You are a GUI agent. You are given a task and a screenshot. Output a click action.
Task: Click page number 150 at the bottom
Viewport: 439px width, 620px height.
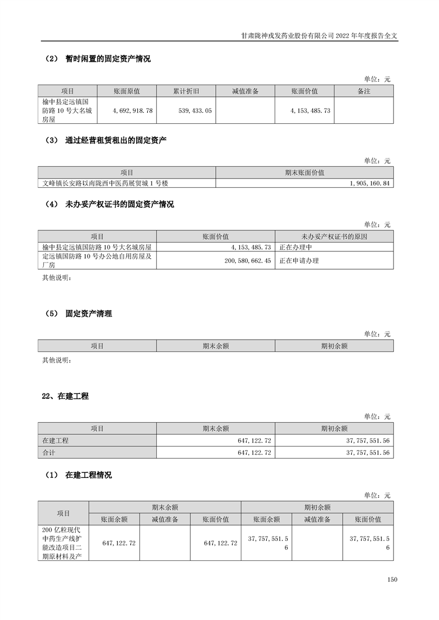tap(392, 579)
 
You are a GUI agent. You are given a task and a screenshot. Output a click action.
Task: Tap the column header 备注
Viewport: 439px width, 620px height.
tap(364, 91)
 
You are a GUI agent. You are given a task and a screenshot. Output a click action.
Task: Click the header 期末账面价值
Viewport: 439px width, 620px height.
tap(304, 172)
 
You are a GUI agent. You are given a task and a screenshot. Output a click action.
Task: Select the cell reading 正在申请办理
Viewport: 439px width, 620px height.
tap(299, 260)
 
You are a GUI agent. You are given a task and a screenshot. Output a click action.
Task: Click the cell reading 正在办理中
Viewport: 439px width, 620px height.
tap(296, 247)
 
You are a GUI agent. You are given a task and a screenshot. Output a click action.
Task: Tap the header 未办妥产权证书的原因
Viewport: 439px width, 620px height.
tap(334, 237)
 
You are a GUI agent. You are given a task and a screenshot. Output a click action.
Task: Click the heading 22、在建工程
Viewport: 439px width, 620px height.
tap(65, 396)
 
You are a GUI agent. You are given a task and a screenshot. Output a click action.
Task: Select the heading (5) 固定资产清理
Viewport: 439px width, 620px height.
tap(79, 313)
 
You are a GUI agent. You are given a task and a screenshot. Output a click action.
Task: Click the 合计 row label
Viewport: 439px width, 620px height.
tap(49, 453)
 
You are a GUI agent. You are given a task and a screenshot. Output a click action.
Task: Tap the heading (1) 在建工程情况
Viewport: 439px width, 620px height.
tap(79, 475)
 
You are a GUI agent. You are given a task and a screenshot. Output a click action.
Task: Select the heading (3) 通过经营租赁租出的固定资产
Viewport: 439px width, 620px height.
tap(106, 140)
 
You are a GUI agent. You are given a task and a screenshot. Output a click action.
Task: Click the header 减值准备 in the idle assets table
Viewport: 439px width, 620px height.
tap(245, 91)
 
